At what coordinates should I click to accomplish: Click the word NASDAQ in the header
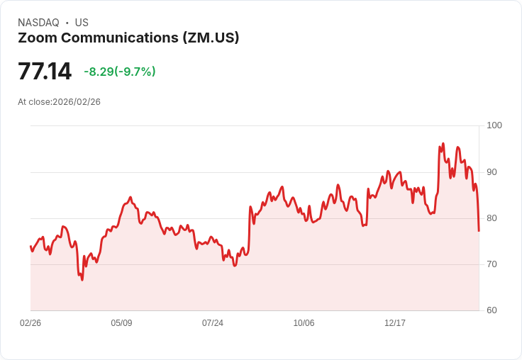(x=38, y=23)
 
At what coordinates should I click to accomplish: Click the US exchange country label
(x=82, y=23)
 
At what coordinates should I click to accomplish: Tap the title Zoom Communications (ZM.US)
(x=128, y=38)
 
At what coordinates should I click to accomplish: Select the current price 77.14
(x=45, y=72)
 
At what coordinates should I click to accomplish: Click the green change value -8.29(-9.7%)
(x=120, y=72)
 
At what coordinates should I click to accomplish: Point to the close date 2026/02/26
(x=77, y=102)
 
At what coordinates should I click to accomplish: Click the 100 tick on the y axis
(x=494, y=125)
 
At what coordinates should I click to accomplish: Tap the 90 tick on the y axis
(x=492, y=172)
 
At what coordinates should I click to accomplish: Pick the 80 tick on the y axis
(x=492, y=218)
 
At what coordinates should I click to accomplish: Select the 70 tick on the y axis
(x=492, y=264)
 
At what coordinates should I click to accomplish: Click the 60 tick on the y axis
(x=492, y=310)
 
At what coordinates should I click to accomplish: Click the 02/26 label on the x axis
(x=30, y=323)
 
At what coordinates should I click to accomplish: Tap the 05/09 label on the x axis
(x=121, y=323)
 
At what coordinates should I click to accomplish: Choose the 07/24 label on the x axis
(x=213, y=323)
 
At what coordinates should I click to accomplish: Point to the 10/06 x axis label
(x=304, y=323)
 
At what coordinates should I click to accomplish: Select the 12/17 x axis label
(x=395, y=323)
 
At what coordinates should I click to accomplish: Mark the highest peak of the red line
(x=443, y=144)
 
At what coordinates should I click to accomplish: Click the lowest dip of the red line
(x=82, y=280)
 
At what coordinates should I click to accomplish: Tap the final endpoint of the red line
(x=479, y=230)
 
